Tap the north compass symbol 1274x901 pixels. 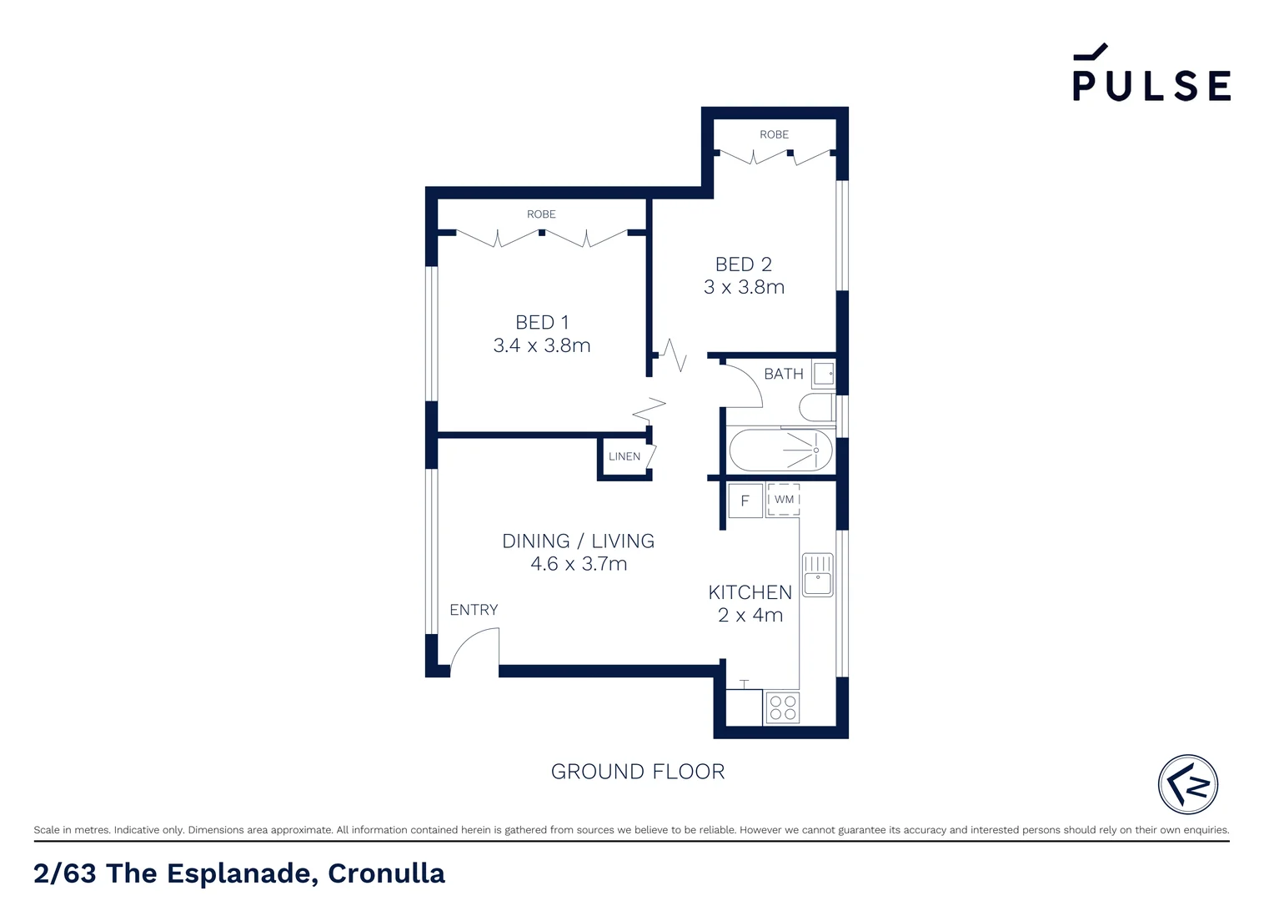tap(1188, 784)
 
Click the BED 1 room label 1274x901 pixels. tap(542, 322)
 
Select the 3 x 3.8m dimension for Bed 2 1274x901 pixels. tap(744, 287)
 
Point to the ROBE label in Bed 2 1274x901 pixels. tap(774, 134)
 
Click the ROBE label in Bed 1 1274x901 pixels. tap(541, 214)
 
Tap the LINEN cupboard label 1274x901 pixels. tap(624, 456)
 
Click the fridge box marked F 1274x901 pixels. tap(745, 501)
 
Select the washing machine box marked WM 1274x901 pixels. tap(784, 500)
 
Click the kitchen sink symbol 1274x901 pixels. tap(817, 575)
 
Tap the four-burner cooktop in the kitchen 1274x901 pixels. tap(782, 707)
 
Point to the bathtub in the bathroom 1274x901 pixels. tap(780, 450)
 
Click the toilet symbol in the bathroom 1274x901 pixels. tap(816, 407)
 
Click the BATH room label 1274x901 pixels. tap(784, 374)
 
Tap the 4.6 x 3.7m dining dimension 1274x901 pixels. tap(579, 564)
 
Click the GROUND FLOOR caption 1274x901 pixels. tap(638, 772)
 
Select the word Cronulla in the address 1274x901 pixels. tap(386, 873)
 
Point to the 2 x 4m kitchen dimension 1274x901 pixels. tap(750, 616)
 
